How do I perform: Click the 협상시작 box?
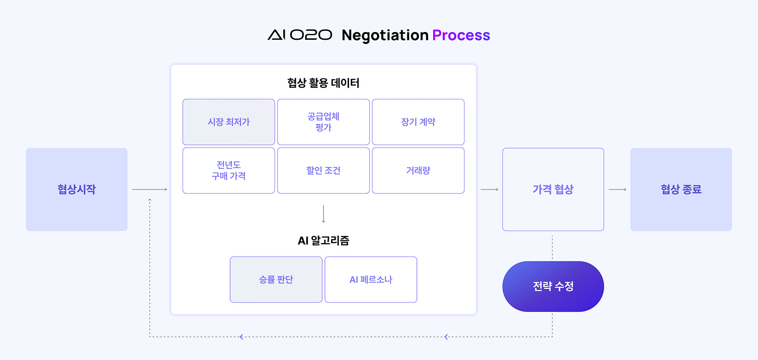click(x=77, y=189)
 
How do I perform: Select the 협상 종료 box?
click(x=681, y=189)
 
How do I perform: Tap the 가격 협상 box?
click(x=553, y=189)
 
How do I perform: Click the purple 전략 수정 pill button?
click(x=553, y=286)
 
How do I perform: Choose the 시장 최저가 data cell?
click(x=229, y=122)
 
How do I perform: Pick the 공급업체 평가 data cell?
click(x=324, y=122)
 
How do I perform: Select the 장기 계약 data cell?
click(x=418, y=122)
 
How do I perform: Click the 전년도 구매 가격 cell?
click(x=229, y=171)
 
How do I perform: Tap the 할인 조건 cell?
click(x=324, y=171)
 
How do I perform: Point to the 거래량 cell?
click(x=418, y=171)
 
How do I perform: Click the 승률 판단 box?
click(x=276, y=280)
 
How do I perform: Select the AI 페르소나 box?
click(x=371, y=280)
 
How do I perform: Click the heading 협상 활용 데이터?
click(x=323, y=83)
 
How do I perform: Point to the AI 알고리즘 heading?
click(x=323, y=241)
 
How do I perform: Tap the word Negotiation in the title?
click(x=385, y=35)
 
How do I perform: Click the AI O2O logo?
click(x=300, y=35)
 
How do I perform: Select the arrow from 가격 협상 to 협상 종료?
click(x=617, y=189)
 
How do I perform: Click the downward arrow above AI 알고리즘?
click(x=324, y=214)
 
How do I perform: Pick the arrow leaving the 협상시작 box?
click(x=150, y=189)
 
